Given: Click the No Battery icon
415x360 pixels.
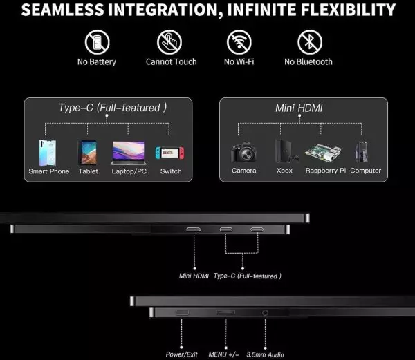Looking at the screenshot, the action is click(97, 42).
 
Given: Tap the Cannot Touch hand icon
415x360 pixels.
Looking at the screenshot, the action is click(169, 42).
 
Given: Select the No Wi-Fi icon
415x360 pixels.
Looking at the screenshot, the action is click(239, 42).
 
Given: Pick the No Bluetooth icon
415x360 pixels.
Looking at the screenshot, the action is click(310, 42).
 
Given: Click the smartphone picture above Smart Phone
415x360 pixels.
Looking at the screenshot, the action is click(47, 153).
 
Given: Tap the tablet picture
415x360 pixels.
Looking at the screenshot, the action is click(88, 153).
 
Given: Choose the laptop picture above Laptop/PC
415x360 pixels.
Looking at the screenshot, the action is click(129, 153).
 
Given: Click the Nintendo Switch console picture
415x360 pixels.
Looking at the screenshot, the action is click(169, 153).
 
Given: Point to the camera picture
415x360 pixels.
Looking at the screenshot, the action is click(243, 152).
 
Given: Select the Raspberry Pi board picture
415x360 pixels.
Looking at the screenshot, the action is click(323, 153).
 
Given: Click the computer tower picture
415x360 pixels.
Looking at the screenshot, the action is click(362, 152).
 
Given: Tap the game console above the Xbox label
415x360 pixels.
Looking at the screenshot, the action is click(286, 151).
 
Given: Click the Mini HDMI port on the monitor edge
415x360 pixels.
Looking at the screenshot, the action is click(194, 229).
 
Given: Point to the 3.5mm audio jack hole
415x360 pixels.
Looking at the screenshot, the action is click(265, 313).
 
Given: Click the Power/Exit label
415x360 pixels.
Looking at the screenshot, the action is click(181, 354).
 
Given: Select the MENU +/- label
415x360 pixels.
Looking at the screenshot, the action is click(223, 354).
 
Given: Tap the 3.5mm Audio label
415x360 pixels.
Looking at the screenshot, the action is click(265, 354).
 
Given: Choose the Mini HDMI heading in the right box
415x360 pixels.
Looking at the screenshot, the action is click(299, 108).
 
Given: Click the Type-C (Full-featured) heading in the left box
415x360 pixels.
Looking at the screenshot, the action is click(113, 108).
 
